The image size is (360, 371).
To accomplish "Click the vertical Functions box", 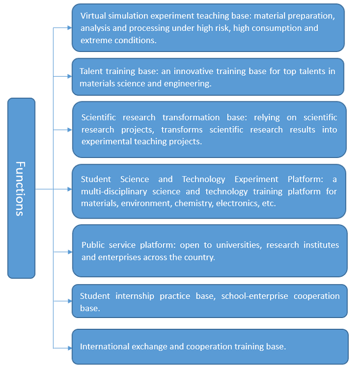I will (21, 188).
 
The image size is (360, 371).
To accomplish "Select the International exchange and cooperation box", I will (210, 346).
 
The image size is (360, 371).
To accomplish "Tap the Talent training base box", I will (208, 77).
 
